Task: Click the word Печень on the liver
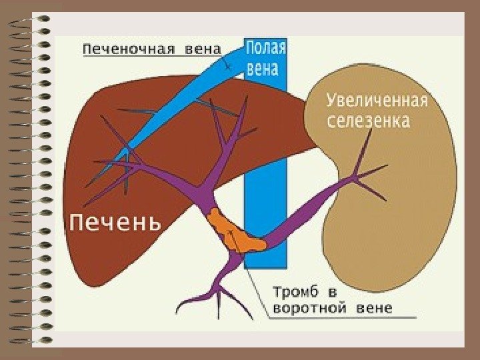115,221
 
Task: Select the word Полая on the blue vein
266,48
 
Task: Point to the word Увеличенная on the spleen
377,101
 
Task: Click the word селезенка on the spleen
368,121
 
